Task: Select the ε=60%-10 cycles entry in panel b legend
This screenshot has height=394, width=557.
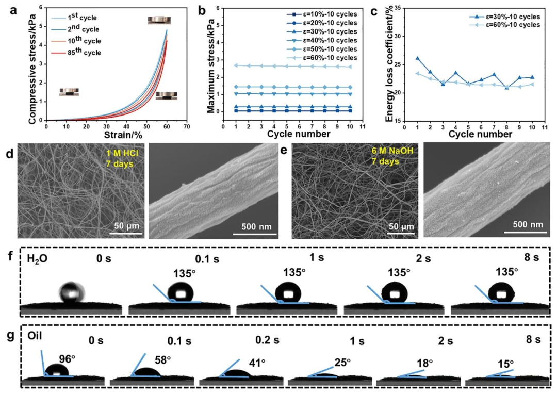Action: click(322, 58)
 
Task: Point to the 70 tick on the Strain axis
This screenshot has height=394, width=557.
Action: click(187, 126)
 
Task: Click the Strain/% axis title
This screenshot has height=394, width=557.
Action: click(123, 135)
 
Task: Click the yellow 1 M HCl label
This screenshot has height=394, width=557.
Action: click(122, 154)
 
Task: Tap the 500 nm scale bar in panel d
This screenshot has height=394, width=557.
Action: click(255, 234)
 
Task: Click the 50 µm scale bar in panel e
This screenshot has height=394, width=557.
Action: click(401, 234)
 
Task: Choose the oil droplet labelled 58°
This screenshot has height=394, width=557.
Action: click(145, 372)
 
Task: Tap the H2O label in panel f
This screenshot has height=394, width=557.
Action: click(37, 259)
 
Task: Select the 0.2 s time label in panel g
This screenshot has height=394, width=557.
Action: click(267, 340)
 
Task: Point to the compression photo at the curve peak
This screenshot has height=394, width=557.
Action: click(159, 20)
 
